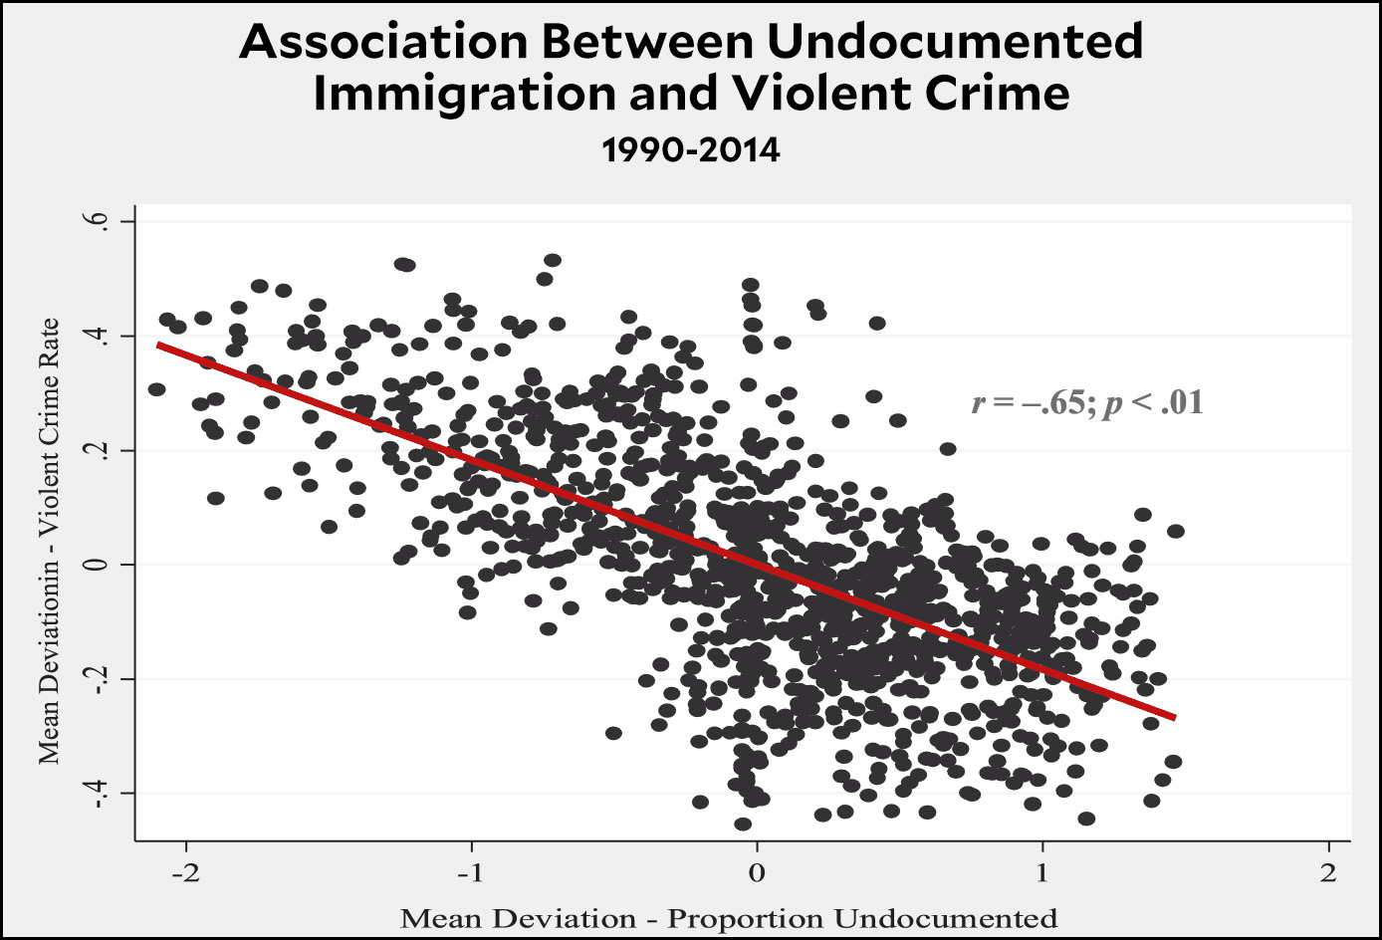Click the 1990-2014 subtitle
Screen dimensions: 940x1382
click(690, 150)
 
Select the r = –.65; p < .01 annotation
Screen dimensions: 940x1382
click(1086, 403)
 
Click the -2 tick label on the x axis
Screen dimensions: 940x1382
click(186, 873)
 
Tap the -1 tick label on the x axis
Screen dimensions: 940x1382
click(472, 873)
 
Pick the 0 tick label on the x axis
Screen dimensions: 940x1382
click(757, 873)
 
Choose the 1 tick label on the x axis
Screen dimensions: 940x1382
click(1042, 873)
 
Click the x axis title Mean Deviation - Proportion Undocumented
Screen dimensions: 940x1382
click(729, 918)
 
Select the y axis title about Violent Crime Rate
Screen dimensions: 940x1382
click(50, 542)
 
